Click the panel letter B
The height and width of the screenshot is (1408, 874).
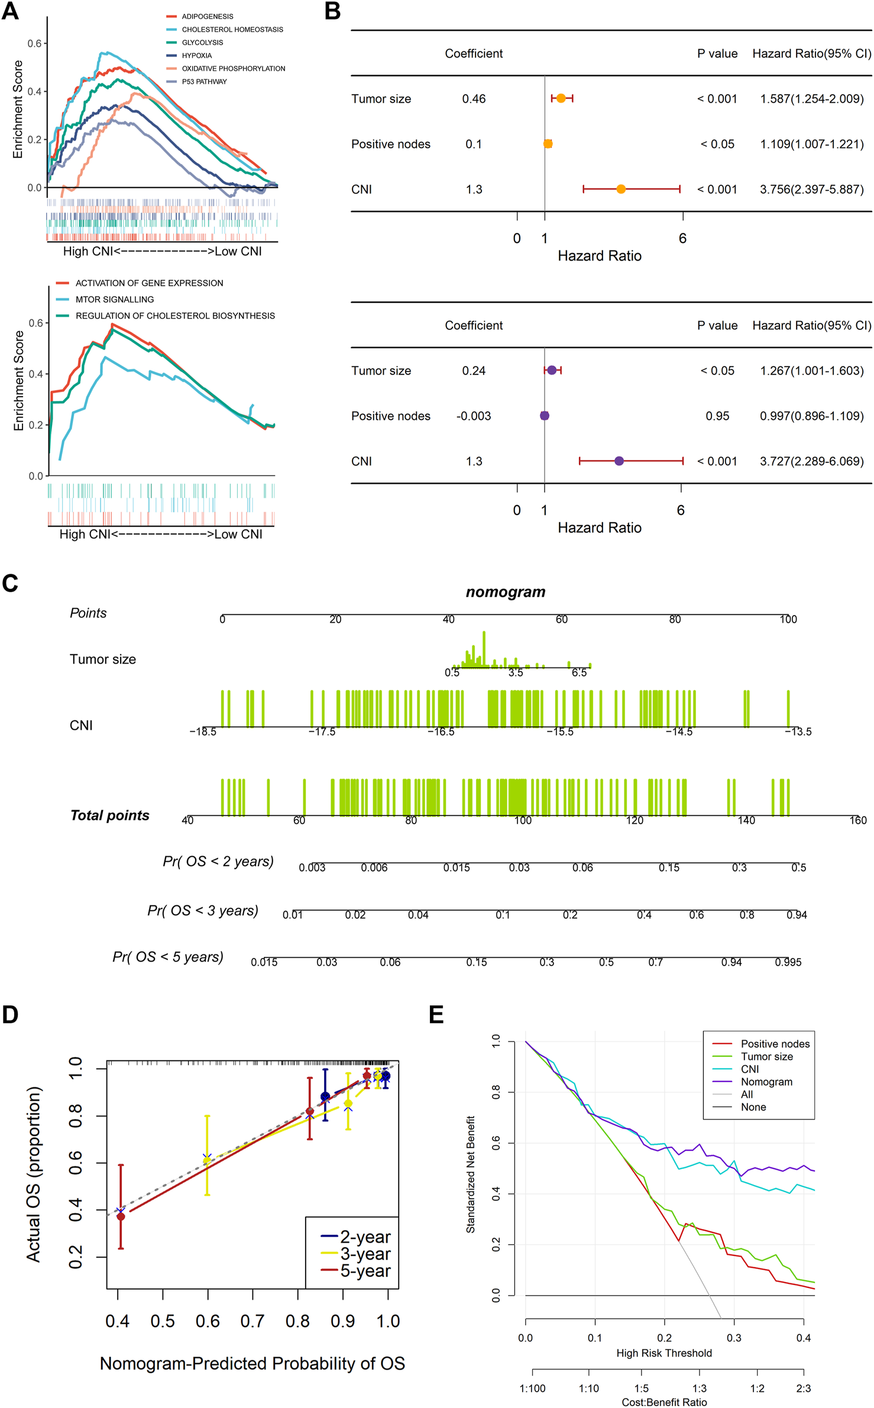pos(332,11)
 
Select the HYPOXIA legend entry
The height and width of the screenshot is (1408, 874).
pos(196,56)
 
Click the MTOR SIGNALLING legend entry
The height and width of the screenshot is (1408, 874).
pos(114,300)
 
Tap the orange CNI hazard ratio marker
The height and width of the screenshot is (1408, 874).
pos(620,189)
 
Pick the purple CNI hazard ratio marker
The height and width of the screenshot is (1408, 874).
pos(619,461)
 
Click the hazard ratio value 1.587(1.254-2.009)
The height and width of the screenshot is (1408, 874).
pos(811,99)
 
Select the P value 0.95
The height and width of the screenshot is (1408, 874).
pos(717,416)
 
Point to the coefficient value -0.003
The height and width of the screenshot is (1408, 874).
pos(473,416)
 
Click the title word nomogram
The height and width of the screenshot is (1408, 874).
pos(505,592)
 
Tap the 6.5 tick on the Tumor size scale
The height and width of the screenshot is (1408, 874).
pos(579,672)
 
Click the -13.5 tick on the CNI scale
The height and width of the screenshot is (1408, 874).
pos(798,732)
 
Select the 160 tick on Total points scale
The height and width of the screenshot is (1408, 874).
pos(857,820)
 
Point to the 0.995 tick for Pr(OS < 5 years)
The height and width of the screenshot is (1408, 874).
pos(788,962)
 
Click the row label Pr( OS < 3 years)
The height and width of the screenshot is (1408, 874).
pos(203,911)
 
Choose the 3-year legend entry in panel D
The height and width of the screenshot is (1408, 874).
pos(365,1254)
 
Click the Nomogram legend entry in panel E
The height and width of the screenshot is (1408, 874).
pos(766,1082)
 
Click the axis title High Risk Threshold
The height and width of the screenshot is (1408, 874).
pos(663,1353)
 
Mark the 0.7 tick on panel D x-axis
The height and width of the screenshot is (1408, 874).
pos(253,1321)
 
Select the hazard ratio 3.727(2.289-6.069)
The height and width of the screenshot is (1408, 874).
pos(811,461)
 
